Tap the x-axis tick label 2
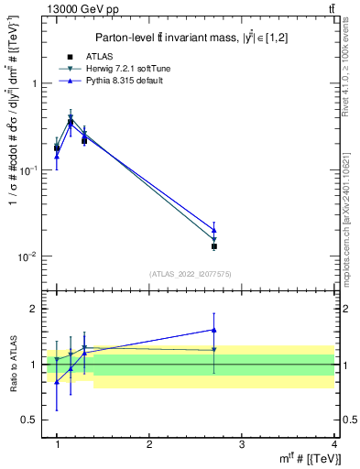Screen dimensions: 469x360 (x=149, y=444)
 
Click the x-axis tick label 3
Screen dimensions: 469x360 (x=242, y=444)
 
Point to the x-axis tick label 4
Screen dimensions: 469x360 (x=333, y=444)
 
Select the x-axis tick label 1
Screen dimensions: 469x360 (x=57, y=444)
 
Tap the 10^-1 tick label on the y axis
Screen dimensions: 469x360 (x=29, y=170)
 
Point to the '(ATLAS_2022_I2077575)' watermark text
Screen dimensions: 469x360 (x=191, y=274)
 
